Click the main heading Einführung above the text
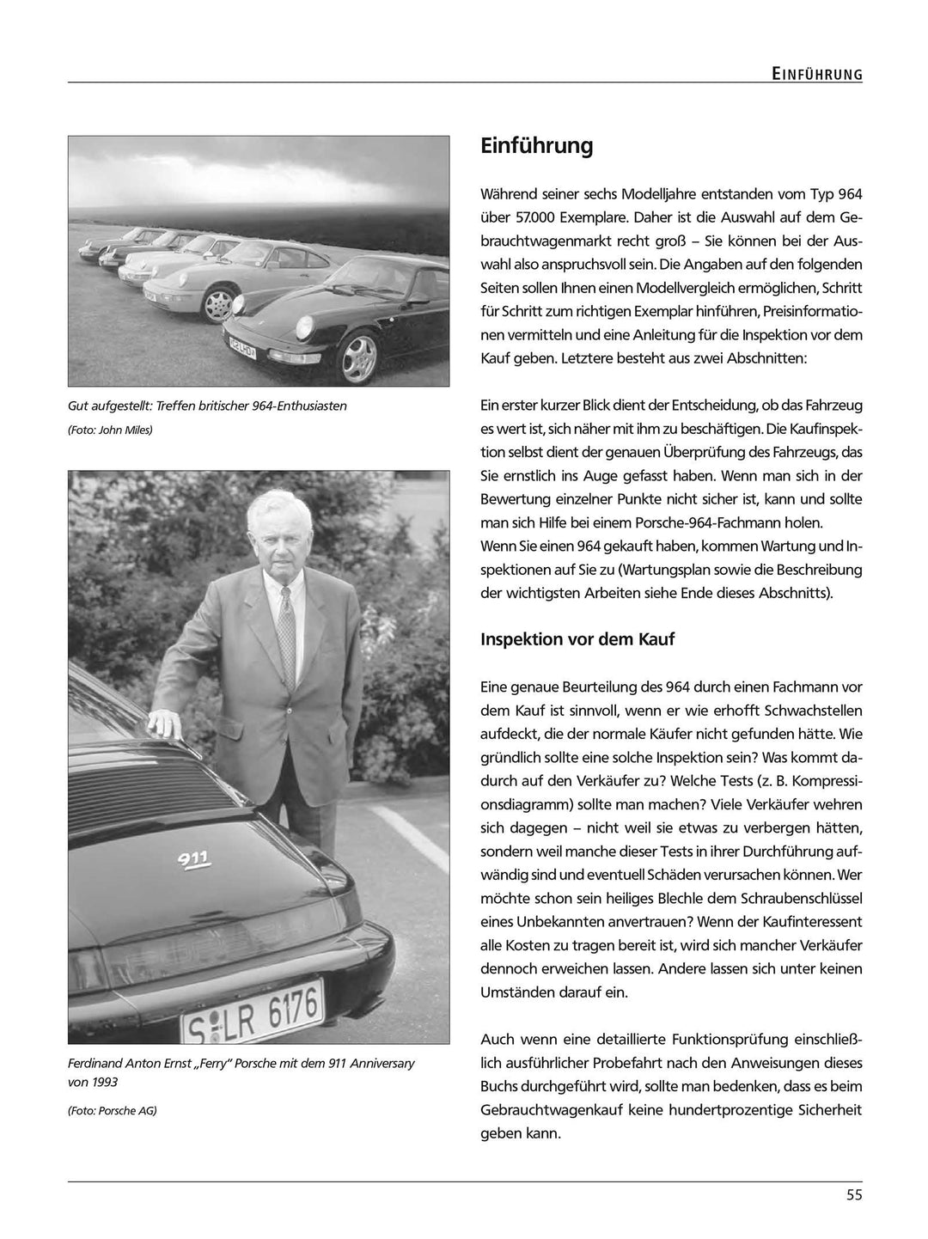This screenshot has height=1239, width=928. tap(536, 146)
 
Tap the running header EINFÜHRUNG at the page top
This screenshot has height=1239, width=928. tap(816, 75)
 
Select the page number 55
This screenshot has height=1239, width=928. tap(853, 1193)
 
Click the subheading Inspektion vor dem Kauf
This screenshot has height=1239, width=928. tap(577, 639)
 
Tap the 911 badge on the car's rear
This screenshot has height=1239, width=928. tap(194, 858)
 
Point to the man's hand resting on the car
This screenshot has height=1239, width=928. tap(163, 722)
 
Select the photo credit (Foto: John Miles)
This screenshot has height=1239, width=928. tap(110, 430)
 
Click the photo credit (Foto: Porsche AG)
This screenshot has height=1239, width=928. tap(113, 1110)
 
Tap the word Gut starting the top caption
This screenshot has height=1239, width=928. tap(78, 406)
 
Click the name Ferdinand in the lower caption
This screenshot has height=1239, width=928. tap(97, 1064)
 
